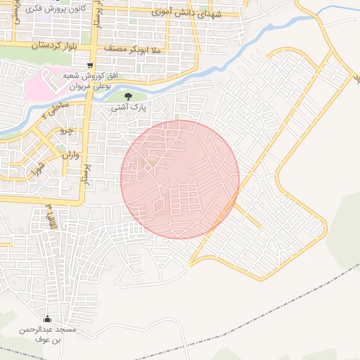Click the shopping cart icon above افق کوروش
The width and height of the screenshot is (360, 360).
click(89, 65)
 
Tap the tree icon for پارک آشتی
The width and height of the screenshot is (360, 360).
click(127, 96)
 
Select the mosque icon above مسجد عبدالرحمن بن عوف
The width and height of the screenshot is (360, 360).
click(48, 319)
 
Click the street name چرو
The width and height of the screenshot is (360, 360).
click(65, 131)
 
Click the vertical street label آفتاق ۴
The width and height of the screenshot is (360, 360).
click(50, 217)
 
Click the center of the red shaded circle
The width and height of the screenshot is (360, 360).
click(180, 179)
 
